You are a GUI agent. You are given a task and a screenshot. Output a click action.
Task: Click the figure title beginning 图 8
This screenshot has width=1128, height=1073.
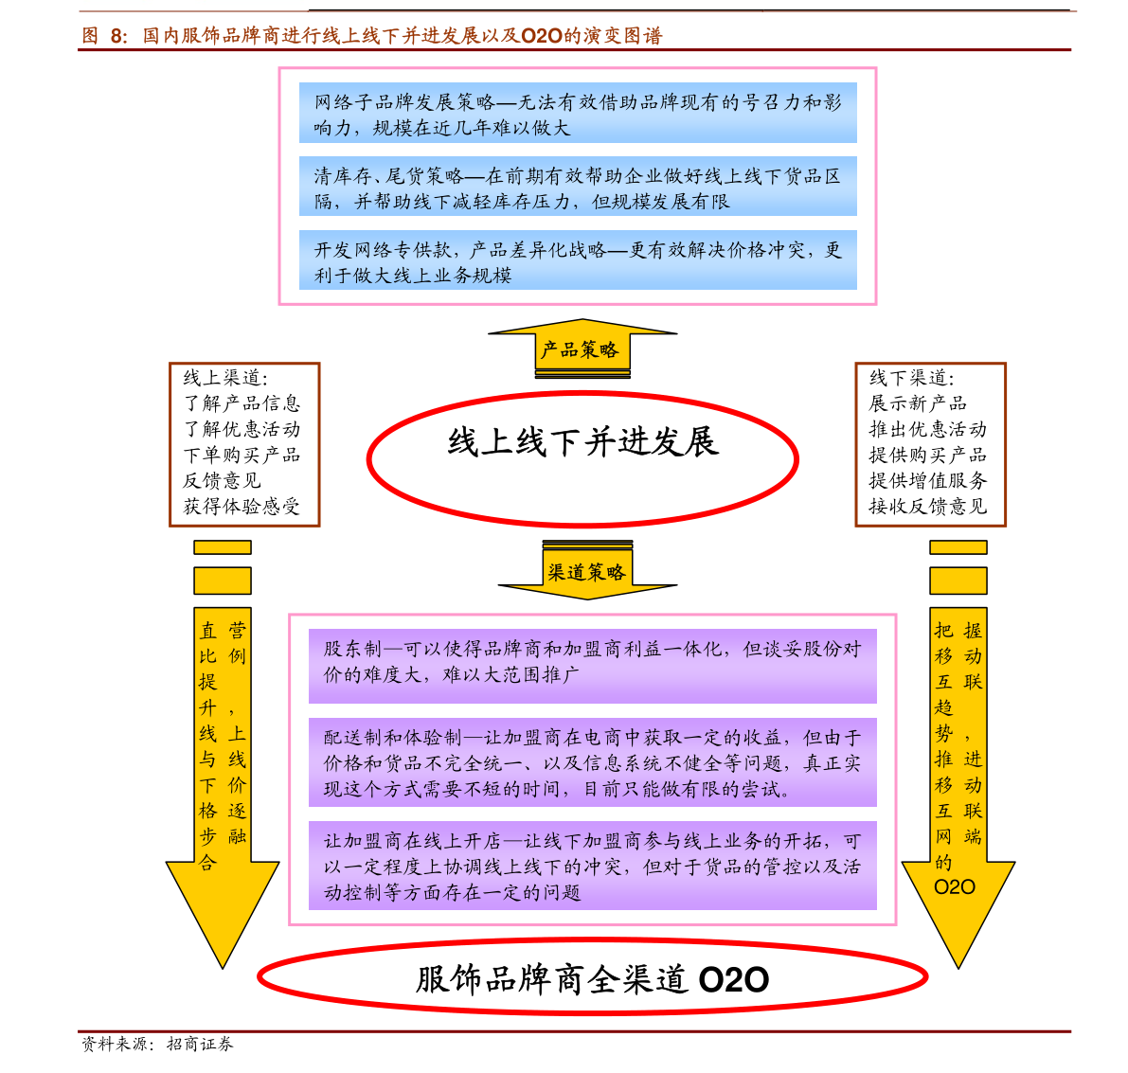[371, 37]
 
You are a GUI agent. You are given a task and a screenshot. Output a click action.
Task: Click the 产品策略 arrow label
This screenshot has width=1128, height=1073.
[579, 350]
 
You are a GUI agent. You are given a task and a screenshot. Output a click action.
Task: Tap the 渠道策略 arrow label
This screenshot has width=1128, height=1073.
[586, 572]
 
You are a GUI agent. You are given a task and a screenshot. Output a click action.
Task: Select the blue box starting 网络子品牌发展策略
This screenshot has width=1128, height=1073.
[578, 114]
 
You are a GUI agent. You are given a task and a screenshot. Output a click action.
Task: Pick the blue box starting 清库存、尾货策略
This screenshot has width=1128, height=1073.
[578, 188]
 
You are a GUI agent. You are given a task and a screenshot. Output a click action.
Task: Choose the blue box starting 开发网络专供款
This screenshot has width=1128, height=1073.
[578, 261]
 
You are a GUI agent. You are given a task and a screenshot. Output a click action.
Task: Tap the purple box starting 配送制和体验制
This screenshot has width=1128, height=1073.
[592, 762]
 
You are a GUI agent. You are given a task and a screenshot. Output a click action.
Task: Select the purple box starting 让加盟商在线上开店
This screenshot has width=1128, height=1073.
[592, 866]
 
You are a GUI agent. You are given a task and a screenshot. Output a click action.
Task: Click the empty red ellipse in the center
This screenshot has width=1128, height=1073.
[582, 459]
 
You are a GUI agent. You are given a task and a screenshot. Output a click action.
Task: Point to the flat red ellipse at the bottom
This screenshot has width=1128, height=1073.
[592, 976]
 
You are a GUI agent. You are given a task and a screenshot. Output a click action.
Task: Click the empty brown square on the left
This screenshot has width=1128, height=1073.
[244, 444]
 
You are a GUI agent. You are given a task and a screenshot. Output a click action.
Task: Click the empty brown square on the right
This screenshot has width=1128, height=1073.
[930, 444]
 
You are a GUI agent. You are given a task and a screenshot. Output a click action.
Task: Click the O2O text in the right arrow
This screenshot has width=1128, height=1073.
[954, 887]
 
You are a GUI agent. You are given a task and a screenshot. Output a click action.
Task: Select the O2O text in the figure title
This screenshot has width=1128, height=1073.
[542, 37]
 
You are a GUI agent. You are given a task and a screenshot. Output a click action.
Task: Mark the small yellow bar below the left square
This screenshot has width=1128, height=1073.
[223, 547]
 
